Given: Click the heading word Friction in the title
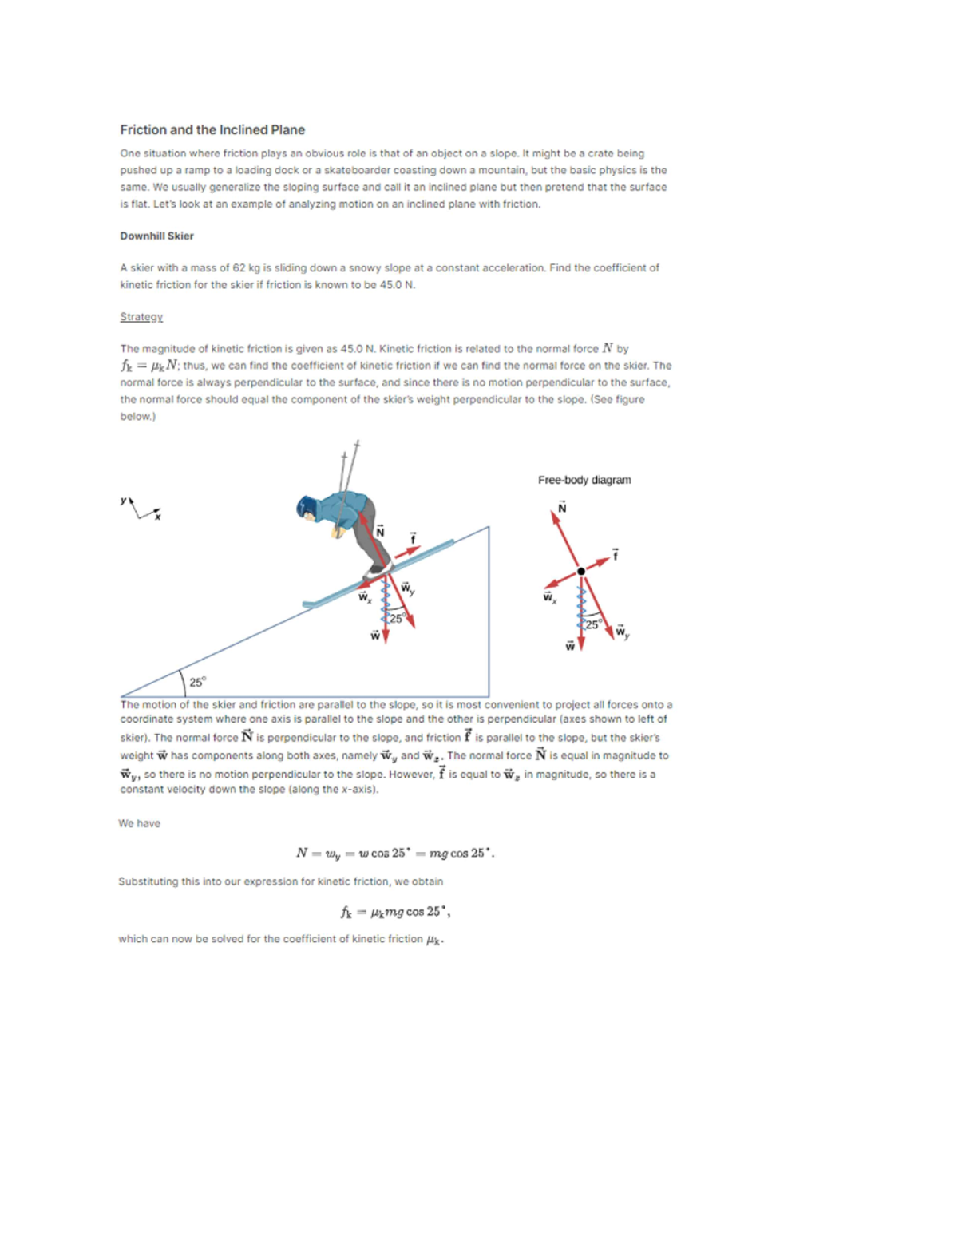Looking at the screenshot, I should (x=143, y=130).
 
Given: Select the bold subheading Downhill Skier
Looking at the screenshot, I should (x=156, y=236).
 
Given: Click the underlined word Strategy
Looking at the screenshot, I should (x=141, y=317).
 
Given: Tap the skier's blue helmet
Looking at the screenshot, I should (x=307, y=507).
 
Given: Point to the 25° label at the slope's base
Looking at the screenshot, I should (x=197, y=682).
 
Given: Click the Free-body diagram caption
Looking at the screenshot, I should (x=584, y=480).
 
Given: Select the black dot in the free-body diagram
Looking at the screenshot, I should (x=581, y=571).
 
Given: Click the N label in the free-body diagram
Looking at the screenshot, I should (x=562, y=508).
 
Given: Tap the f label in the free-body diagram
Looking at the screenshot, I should (x=615, y=553).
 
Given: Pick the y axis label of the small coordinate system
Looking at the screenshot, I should (x=124, y=501).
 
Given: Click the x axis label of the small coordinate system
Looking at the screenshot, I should (x=157, y=517).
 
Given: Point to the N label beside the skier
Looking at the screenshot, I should (x=380, y=531).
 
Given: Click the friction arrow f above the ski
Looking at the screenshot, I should (x=408, y=552).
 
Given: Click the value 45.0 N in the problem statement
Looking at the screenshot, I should (x=397, y=285).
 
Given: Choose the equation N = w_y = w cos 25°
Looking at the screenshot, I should (x=395, y=853).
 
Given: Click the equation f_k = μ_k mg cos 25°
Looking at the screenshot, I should (x=395, y=912).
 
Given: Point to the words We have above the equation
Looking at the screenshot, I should (x=139, y=823).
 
